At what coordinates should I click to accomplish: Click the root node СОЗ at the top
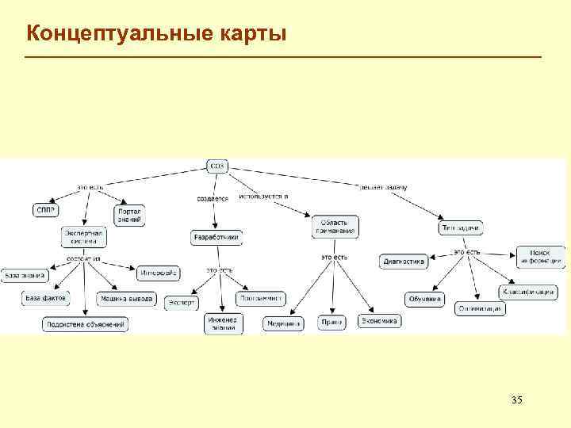tap(217, 166)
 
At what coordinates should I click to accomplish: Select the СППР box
tap(44, 209)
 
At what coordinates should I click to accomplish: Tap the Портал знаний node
tap(129, 215)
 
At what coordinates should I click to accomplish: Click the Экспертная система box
tap(83, 237)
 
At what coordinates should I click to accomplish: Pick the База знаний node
tap(25, 275)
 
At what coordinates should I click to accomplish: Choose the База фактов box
tap(45, 298)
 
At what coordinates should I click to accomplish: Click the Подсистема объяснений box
tap(85, 324)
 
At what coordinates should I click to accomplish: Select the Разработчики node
tap(217, 237)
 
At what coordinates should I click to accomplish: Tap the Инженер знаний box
tap(224, 324)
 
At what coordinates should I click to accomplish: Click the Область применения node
tap(335, 226)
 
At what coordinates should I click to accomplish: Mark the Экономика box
tap(380, 321)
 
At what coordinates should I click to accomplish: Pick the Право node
tap(331, 323)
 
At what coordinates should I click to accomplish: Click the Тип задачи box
tap(461, 228)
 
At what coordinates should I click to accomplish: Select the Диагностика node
tap(404, 261)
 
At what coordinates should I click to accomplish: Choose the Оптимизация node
tap(480, 308)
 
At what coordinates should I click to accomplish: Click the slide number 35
tap(516, 398)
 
